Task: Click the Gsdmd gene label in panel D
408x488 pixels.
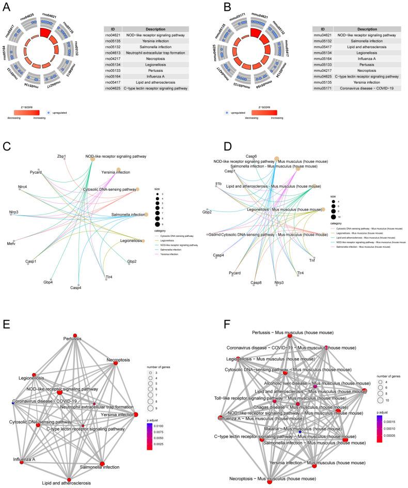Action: [215, 234]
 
